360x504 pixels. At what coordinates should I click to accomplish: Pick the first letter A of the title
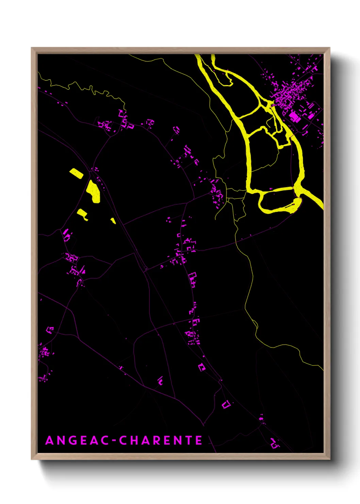[50, 440]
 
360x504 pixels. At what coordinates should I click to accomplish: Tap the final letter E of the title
[199, 440]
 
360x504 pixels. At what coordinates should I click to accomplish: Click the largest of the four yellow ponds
[93, 191]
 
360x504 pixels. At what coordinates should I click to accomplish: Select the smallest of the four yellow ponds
[113, 221]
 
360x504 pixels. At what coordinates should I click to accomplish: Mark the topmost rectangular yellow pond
[77, 173]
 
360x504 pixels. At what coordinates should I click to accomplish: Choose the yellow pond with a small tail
[82, 214]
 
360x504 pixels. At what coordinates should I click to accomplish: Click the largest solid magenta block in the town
[294, 117]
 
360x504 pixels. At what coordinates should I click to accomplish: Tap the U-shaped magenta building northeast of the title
[226, 405]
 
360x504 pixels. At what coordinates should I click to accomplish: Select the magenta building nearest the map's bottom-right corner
[274, 443]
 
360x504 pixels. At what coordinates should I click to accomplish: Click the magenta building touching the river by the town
[273, 105]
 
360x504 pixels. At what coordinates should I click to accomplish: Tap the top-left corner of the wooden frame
[32, 48]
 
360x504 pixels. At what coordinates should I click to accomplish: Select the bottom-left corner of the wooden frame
[32, 459]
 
